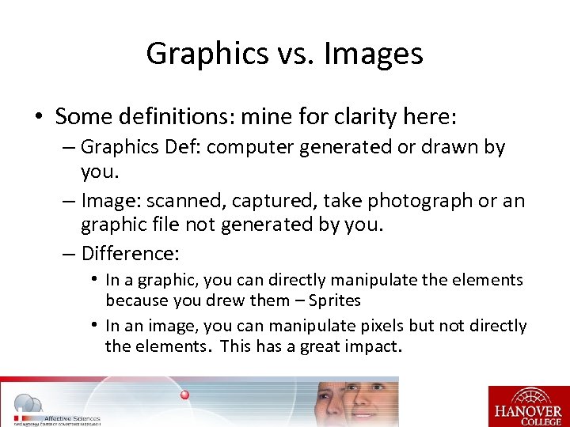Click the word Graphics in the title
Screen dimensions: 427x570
click(197, 54)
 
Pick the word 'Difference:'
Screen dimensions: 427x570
click(130, 254)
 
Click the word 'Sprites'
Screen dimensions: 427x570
click(335, 300)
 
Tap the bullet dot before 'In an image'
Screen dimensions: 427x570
click(93, 326)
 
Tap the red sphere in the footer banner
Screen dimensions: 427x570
click(184, 394)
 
